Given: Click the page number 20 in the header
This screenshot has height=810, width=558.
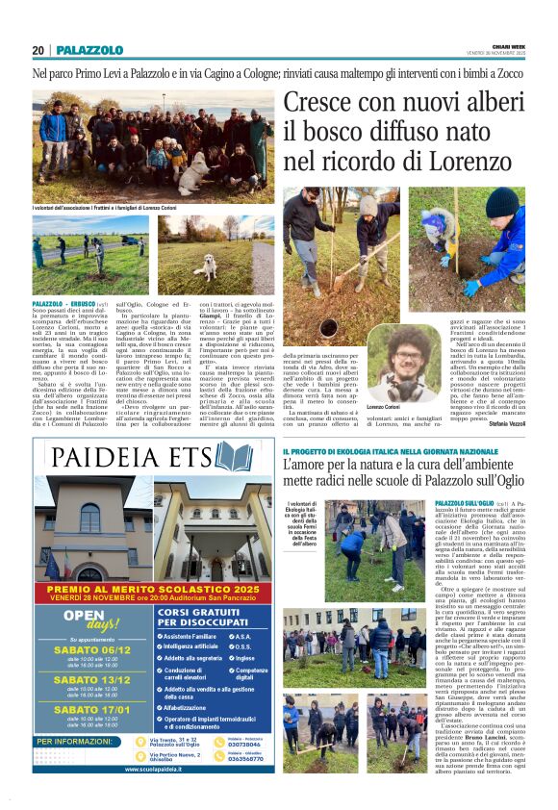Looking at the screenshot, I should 38,50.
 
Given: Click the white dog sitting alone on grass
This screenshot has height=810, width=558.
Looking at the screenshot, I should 203,266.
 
